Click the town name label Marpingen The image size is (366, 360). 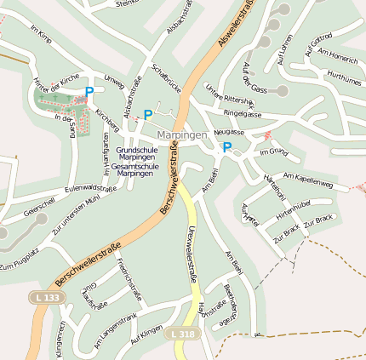(x=181, y=135)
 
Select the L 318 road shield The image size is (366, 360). (x=183, y=335)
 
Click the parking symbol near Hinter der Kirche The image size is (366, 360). (x=89, y=92)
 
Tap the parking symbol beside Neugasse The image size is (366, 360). (x=226, y=147)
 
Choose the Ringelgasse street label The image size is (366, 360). (x=243, y=113)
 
